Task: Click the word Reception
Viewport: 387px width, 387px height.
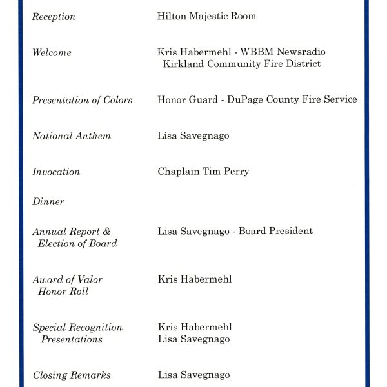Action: (x=54, y=17)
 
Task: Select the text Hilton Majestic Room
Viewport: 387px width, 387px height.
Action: (x=206, y=16)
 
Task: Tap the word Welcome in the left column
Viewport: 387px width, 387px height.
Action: (x=52, y=52)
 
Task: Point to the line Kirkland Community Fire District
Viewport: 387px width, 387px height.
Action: (x=242, y=64)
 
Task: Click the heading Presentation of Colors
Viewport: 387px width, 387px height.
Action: (x=82, y=100)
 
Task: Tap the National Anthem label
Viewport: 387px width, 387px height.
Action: (x=71, y=136)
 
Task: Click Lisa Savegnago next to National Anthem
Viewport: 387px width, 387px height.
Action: (x=193, y=136)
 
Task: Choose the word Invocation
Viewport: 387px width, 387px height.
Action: (x=56, y=172)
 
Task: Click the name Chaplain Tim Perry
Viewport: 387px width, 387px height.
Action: (x=203, y=172)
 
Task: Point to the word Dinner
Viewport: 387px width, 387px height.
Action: (x=48, y=202)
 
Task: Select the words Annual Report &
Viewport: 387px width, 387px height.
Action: (x=71, y=232)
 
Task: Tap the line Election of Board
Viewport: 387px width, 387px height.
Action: (x=77, y=243)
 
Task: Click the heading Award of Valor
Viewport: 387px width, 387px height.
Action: (x=67, y=279)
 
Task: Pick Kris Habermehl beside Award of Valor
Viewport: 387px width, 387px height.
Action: (x=195, y=279)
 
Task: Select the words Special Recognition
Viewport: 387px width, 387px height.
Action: (x=77, y=328)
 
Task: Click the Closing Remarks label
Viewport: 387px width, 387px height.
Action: (x=72, y=375)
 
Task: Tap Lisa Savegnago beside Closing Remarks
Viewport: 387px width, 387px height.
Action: (x=193, y=375)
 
